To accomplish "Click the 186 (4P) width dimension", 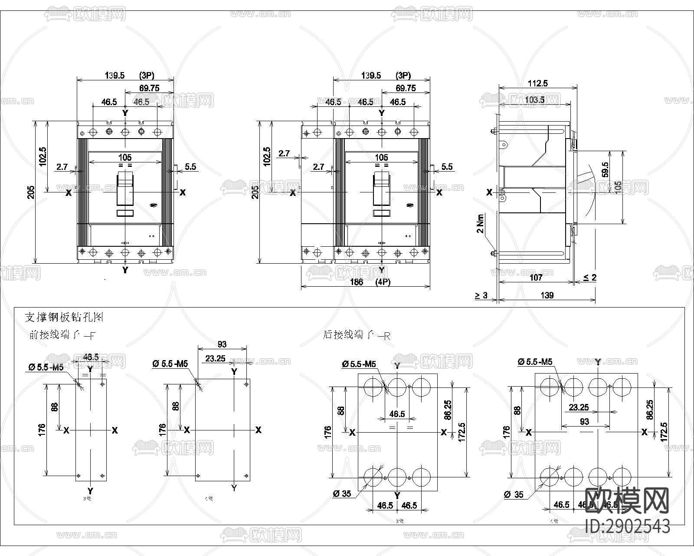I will [x=370, y=282].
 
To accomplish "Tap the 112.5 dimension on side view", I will [x=537, y=83].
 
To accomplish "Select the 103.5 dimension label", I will [x=534, y=100].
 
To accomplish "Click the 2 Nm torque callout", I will [x=480, y=223].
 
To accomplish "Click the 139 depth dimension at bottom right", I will [x=547, y=295].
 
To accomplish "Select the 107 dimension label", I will [x=536, y=278].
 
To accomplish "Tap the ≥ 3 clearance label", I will [x=481, y=295].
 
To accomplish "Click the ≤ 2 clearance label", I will [x=589, y=278].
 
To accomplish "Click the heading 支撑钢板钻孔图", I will [x=64, y=318].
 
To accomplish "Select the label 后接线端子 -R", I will [x=357, y=335].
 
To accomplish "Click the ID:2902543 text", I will [x=627, y=526].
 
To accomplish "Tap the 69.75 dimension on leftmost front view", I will [x=149, y=88].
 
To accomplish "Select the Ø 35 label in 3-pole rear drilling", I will [x=342, y=494].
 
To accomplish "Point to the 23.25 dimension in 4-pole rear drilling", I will [x=579, y=407].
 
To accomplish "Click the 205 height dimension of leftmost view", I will [x=31, y=192].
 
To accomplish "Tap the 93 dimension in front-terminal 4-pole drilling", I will [x=222, y=344].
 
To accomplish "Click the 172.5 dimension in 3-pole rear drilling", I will [x=461, y=432].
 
